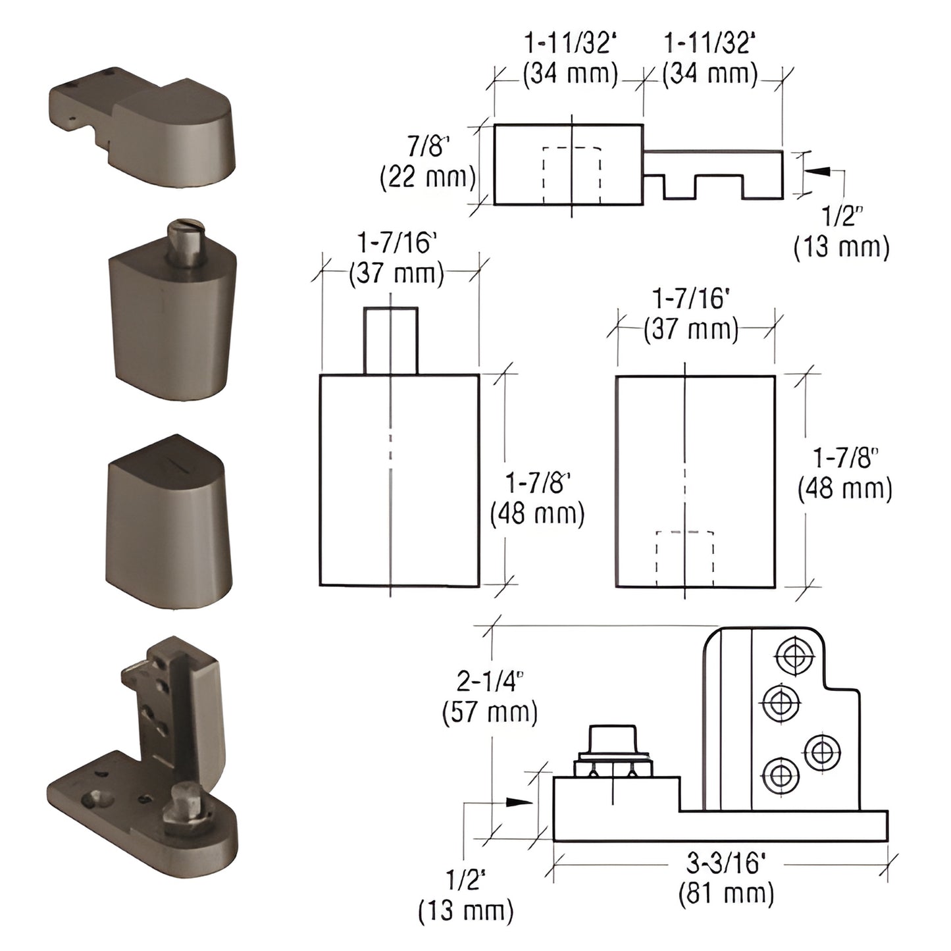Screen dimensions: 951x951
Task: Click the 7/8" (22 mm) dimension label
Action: pos(428,162)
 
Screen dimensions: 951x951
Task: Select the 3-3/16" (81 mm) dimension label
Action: pos(726,878)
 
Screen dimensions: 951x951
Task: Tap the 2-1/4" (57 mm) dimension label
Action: pos(490,697)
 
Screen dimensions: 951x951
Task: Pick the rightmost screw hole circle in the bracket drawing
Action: pos(822,752)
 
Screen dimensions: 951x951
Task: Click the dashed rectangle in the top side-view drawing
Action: pos(571,175)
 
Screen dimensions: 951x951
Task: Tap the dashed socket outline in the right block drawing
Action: pos(685,558)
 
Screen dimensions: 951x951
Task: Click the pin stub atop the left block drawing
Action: pos(390,340)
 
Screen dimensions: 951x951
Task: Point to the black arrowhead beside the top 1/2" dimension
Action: pos(816,171)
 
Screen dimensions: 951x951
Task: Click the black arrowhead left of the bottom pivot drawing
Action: pos(519,802)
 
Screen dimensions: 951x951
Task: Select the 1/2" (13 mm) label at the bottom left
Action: pos(465,895)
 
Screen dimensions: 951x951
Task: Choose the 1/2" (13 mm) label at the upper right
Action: pos(841,232)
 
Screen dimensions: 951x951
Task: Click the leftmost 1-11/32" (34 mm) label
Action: pos(570,58)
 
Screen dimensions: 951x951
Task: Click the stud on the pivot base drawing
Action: pos(612,750)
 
